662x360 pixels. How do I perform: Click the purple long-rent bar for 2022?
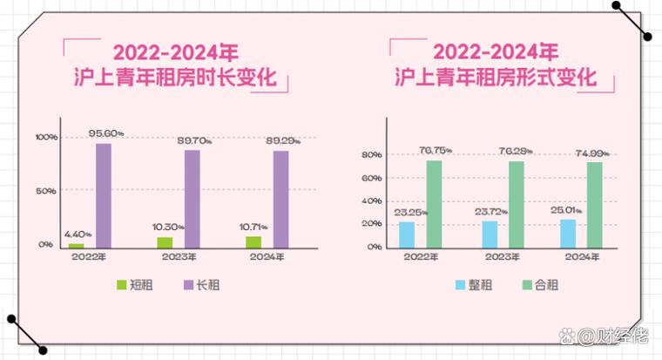(104, 195)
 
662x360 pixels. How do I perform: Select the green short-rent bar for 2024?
(253, 241)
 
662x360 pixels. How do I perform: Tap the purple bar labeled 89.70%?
(192, 199)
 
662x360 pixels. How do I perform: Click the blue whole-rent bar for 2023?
(490, 234)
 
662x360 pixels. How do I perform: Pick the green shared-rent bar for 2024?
(595, 204)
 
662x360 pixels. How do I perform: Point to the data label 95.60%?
(106, 133)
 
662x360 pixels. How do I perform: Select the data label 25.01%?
(569, 209)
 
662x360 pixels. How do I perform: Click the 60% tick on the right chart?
(372, 179)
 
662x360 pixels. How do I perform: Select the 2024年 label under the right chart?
(583, 257)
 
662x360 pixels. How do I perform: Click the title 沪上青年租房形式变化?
(496, 78)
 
